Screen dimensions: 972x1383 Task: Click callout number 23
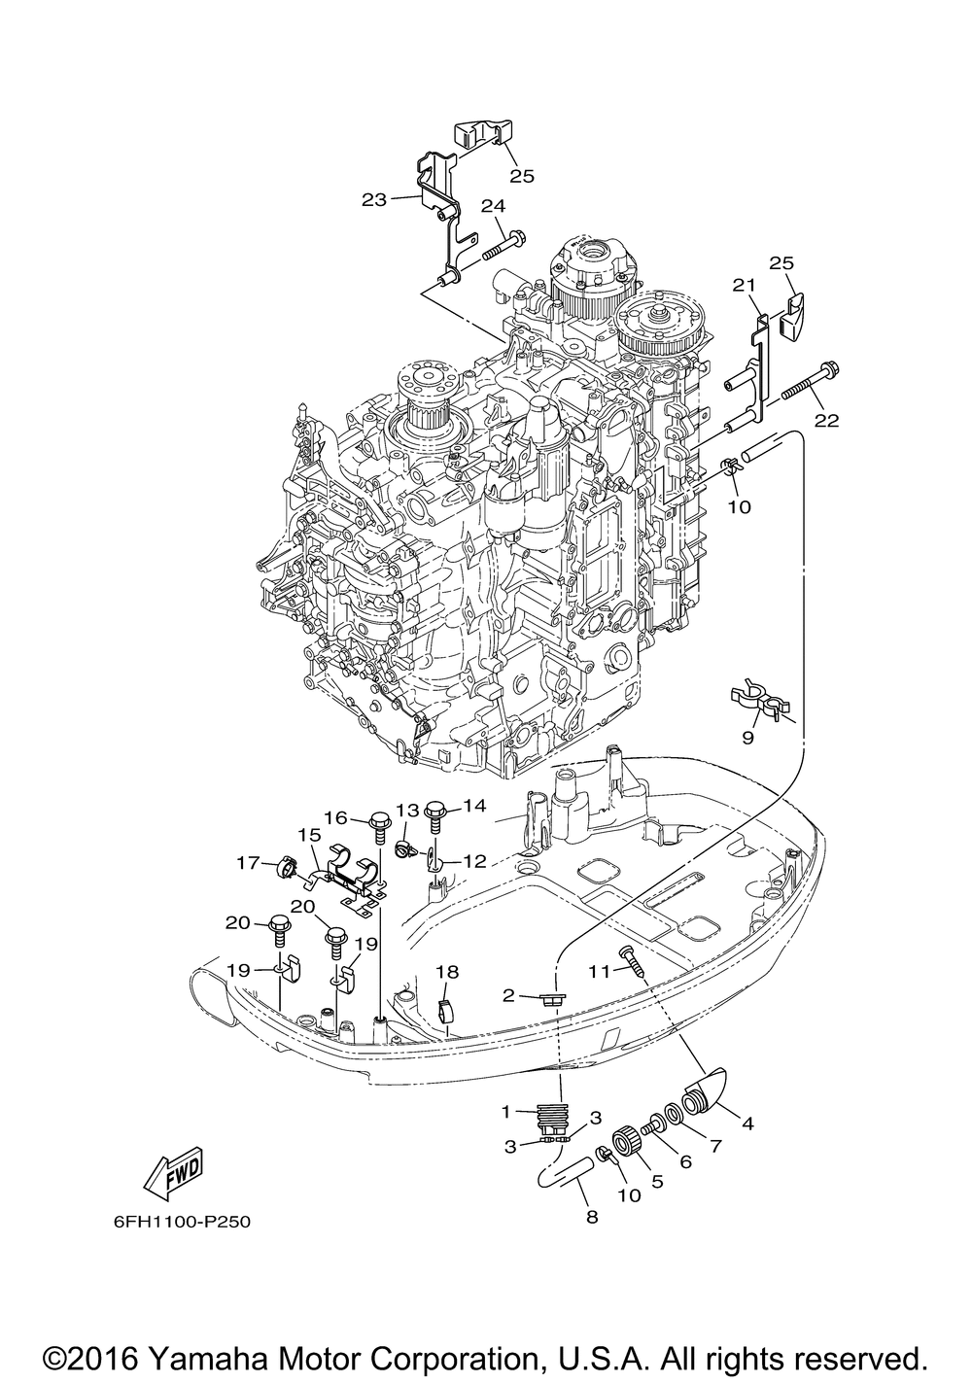[374, 199]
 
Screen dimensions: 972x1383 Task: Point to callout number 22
[826, 420]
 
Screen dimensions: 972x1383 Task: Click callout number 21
[745, 285]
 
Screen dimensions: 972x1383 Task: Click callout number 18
[447, 973]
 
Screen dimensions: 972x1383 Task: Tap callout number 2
[508, 994]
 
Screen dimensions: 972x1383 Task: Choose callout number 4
[747, 1124]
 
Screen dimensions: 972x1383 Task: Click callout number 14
[475, 806]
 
